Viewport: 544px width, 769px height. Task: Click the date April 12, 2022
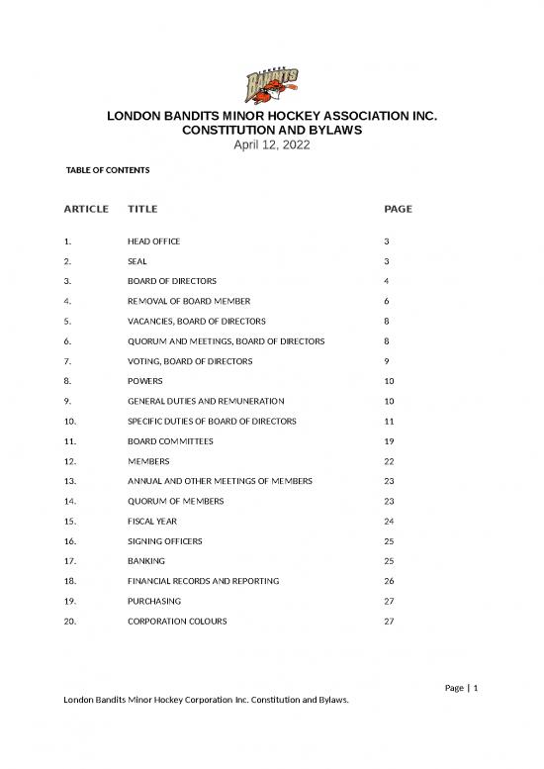click(271, 145)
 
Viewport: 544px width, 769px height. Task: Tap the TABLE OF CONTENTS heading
click(107, 170)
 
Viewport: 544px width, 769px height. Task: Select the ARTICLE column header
click(86, 209)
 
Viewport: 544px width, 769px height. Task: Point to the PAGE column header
click(398, 209)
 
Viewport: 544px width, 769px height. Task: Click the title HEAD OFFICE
click(153, 241)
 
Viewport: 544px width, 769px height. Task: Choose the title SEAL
click(137, 261)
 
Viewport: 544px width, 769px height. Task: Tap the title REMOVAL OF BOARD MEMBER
click(189, 301)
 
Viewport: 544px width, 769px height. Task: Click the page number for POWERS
click(388, 381)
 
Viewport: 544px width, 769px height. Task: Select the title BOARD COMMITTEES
click(170, 440)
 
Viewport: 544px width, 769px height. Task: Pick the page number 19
click(388, 440)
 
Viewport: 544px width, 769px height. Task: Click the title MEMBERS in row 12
click(148, 461)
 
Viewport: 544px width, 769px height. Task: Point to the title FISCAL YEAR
click(154, 521)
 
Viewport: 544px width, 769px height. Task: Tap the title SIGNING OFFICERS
click(167, 541)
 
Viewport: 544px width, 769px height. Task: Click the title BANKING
click(146, 561)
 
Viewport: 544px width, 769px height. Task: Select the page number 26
click(388, 581)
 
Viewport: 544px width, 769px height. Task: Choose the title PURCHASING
click(153, 601)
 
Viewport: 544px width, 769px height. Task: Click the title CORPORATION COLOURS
click(177, 622)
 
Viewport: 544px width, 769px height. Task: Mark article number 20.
click(69, 622)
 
